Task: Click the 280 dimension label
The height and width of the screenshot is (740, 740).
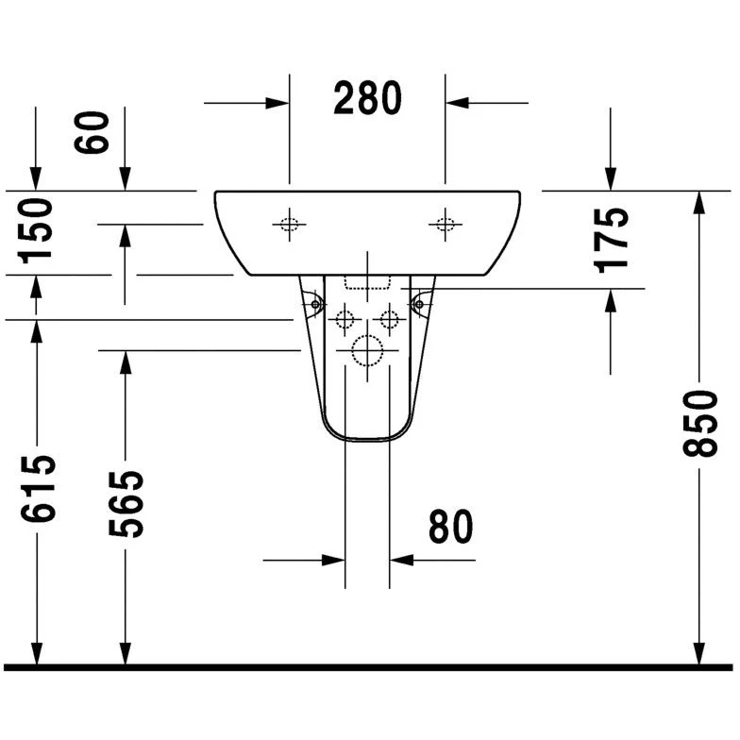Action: [368, 98]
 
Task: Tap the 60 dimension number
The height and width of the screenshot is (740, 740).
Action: [92, 132]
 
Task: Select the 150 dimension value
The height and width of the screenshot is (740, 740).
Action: [35, 230]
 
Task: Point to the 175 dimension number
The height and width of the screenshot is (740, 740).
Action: [611, 241]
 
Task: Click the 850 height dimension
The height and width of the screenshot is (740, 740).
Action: [700, 423]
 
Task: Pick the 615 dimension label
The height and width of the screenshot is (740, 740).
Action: [38, 489]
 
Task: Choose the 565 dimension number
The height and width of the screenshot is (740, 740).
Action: [126, 504]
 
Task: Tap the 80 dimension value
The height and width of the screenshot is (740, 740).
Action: [451, 527]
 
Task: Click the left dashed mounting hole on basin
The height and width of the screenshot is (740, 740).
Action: [289, 225]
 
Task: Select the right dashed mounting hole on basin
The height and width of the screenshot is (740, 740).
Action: [446, 225]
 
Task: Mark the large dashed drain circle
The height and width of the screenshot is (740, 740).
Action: [367, 351]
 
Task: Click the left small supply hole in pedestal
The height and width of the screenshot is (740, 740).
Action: [345, 319]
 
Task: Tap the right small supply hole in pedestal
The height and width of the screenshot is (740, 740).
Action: [389, 319]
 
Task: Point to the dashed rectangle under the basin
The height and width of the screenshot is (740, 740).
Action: [367, 282]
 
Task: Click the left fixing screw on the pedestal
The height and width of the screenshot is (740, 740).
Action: [315, 304]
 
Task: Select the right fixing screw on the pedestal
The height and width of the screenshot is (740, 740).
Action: [419, 304]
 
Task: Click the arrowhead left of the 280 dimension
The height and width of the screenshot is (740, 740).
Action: [277, 103]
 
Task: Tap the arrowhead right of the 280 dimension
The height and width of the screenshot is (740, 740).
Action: [457, 103]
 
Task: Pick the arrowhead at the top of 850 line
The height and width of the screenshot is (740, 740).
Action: [699, 203]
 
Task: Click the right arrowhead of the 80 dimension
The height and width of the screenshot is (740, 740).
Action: [402, 561]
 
